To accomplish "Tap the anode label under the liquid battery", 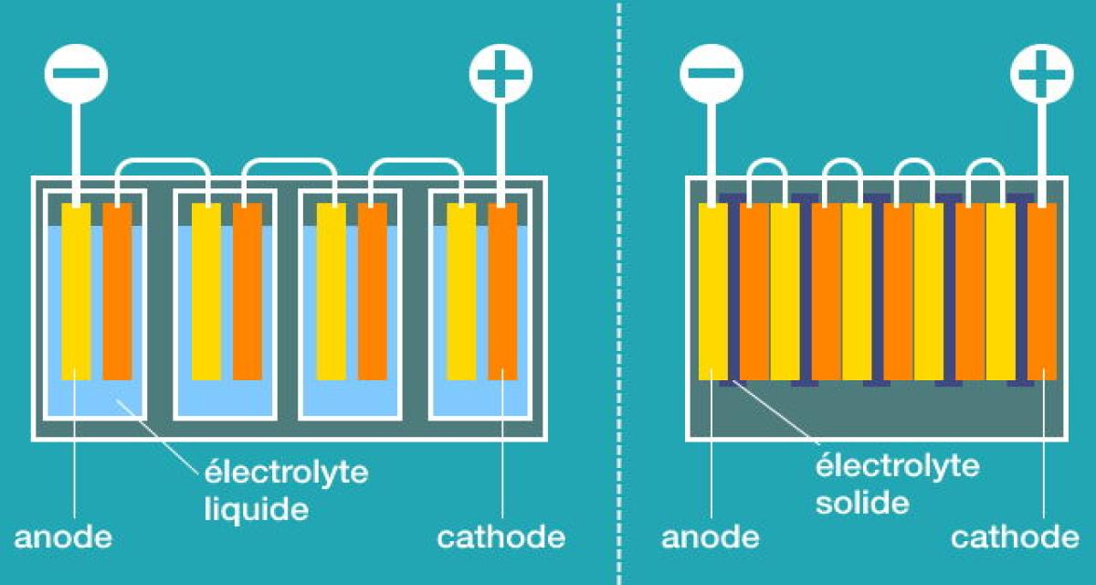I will click(x=63, y=537).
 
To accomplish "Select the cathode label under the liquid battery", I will click(x=501, y=537).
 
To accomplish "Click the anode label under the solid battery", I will click(x=711, y=537).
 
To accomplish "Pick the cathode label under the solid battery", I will click(x=1015, y=537).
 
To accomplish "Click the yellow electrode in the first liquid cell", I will click(x=76, y=291).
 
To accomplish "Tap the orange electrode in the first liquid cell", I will click(x=117, y=291).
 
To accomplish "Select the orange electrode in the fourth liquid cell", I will click(x=502, y=291).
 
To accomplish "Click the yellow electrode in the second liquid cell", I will click(x=206, y=291).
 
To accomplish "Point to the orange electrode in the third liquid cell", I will click(x=373, y=291).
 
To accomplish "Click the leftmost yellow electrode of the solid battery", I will click(x=712, y=291).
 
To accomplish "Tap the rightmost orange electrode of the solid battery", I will click(x=1042, y=291).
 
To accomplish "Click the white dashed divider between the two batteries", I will click(x=619, y=292).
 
